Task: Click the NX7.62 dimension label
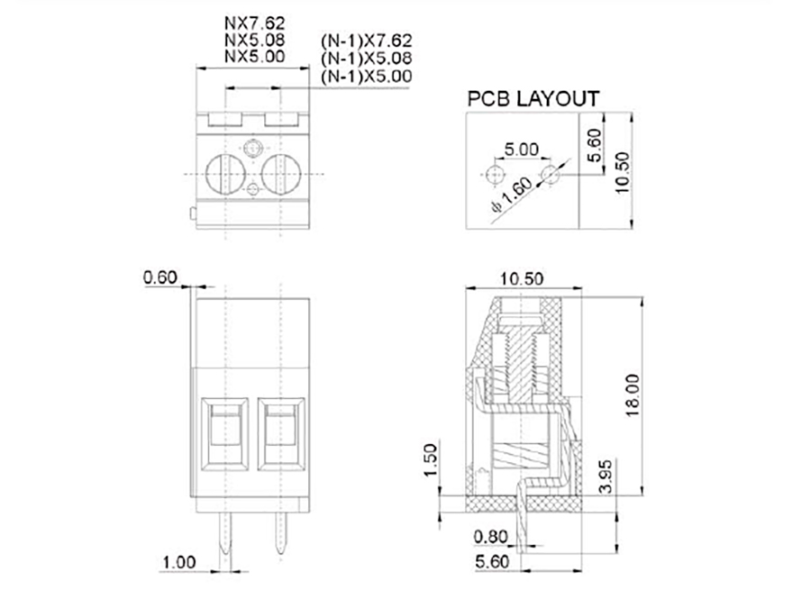(254, 24)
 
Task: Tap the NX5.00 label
(254, 56)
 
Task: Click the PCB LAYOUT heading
(533, 98)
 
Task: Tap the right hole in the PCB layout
(550, 173)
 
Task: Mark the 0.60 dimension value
(161, 277)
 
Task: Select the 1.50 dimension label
(430, 460)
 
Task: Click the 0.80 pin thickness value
(492, 538)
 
